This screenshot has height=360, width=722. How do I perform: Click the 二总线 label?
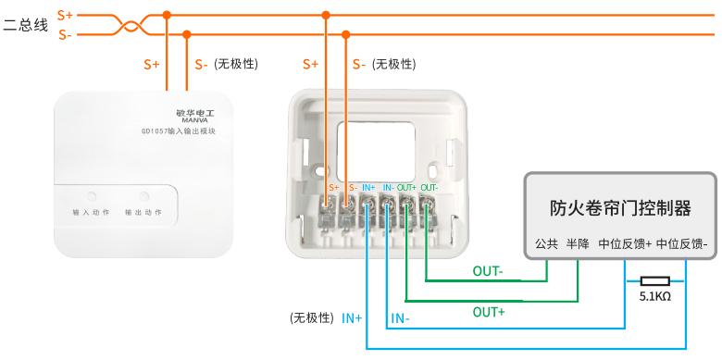25,24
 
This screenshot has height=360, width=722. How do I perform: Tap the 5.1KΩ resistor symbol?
655,281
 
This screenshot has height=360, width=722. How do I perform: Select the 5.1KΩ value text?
654,296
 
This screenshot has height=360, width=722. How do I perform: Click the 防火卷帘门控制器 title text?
620,208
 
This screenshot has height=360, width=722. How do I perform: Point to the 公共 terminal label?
546,244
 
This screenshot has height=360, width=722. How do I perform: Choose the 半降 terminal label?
578,244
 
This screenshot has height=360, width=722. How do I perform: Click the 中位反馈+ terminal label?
625,244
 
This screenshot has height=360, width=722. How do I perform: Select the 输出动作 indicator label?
143,213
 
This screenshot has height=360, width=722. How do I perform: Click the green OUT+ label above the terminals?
407,188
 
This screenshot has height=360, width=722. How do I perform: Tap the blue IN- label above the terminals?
388,188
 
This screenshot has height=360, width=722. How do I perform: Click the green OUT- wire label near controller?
488,271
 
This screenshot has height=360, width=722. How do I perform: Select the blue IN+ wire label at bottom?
352,318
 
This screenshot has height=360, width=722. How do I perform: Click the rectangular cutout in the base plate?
376,152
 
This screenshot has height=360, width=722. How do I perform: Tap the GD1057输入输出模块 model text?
179,131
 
